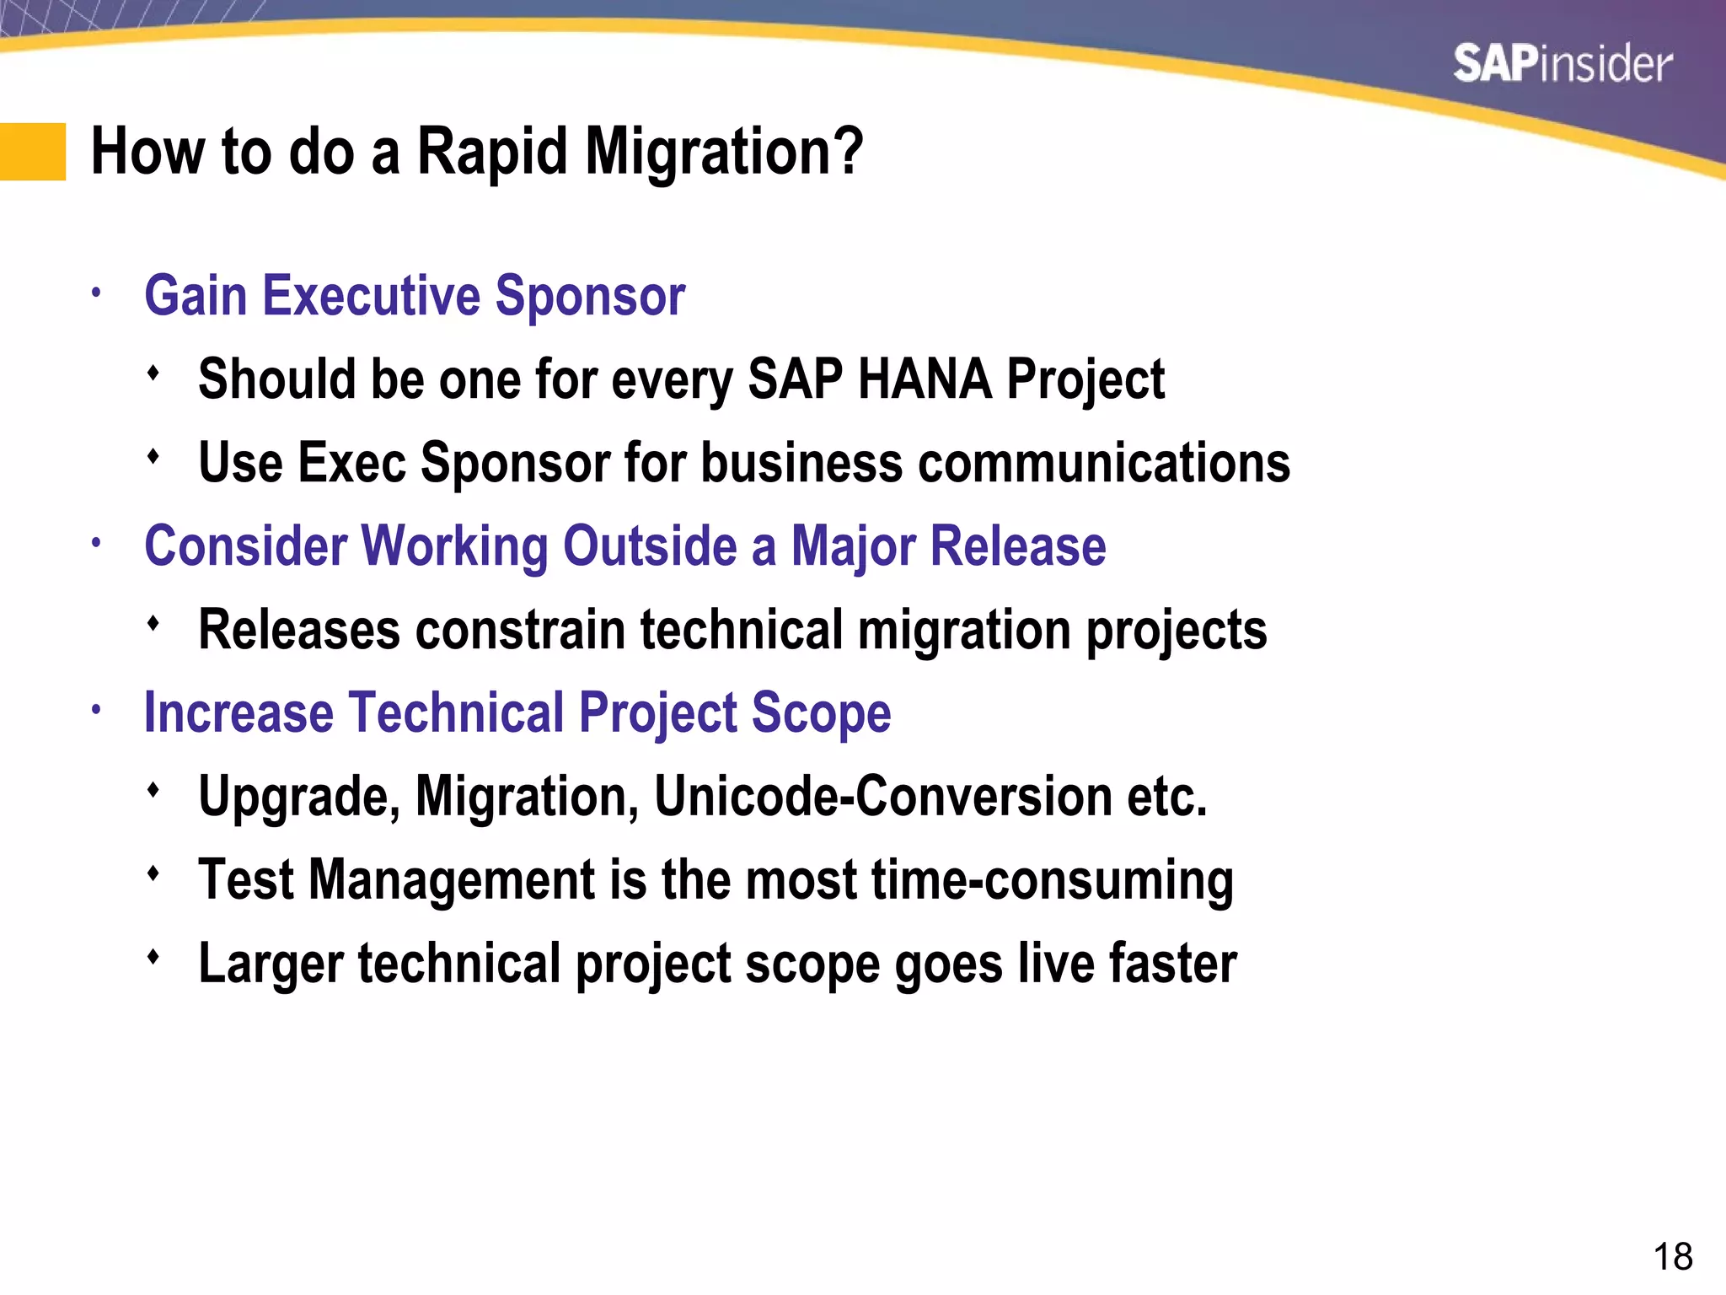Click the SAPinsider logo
1562,65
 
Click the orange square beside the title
32,152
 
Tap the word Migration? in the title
724,152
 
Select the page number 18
1672,1257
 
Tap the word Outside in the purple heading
650,546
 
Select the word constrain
520,630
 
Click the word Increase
239,713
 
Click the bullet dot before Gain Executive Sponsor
97,293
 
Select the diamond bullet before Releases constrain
153,624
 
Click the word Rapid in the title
492,152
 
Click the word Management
453,880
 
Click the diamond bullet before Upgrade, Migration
153,791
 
